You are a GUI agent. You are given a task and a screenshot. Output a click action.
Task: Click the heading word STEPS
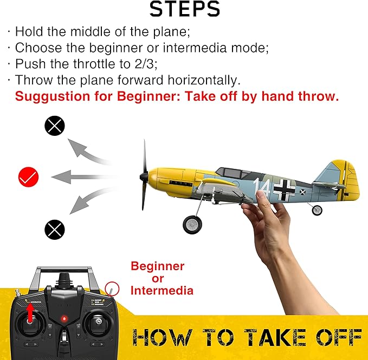tap(184, 9)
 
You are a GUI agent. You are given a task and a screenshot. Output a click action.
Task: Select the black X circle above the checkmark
tap(54, 126)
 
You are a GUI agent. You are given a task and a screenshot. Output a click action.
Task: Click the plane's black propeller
tap(145, 175)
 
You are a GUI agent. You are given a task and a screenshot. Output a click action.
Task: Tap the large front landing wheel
tap(192, 224)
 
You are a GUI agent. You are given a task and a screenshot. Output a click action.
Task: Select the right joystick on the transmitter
tap(99, 322)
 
